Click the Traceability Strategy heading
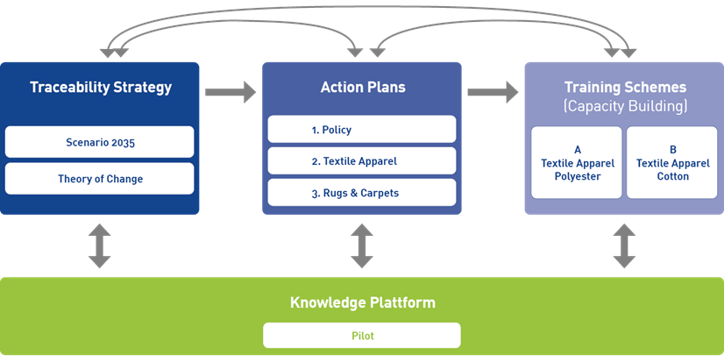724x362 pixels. pos(100,88)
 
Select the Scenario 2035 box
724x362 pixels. pos(99,142)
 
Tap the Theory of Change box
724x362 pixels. pos(99,179)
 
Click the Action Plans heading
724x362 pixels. pos(362,88)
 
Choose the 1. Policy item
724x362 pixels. pos(361,130)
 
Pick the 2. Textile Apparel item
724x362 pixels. pos(361,161)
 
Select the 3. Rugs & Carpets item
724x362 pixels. pos(361,193)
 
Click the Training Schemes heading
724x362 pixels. pos(624,88)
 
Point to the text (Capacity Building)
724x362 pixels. pos(624,107)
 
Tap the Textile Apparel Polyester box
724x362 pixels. pos(578,163)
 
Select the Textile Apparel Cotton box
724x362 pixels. pos(672,163)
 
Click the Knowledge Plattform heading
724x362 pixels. pos(362,303)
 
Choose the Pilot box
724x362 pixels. pos(362,335)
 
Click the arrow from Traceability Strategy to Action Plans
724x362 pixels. pos(231,90)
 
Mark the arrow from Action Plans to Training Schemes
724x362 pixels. pos(493,90)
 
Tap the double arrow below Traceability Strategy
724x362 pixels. pos(99,245)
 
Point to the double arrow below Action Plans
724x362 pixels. pos(362,245)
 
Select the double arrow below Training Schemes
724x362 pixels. pos(624,245)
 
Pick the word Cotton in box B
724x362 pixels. pos(672,176)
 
